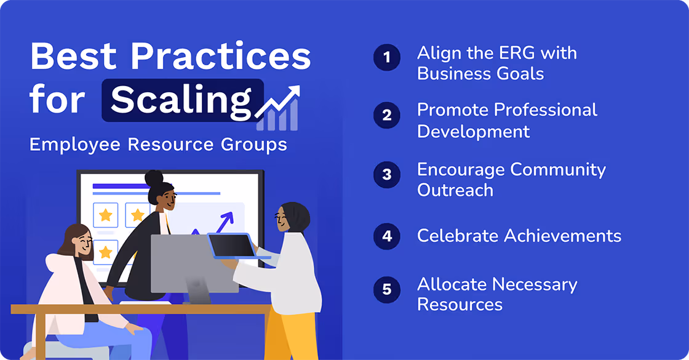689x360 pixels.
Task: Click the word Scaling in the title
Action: [x=181, y=100]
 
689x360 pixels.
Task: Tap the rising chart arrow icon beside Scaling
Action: [x=278, y=107]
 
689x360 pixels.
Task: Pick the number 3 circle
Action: [x=386, y=174]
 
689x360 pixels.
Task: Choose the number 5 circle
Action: [x=386, y=289]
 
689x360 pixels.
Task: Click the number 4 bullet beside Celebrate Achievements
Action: [x=386, y=236]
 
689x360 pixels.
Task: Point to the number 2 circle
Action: [x=386, y=115]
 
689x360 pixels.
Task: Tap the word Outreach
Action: [x=455, y=190]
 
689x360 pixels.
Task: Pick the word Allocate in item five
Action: [x=452, y=284]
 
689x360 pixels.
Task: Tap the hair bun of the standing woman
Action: [x=154, y=179]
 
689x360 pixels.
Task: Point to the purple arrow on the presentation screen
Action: [x=225, y=220]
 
